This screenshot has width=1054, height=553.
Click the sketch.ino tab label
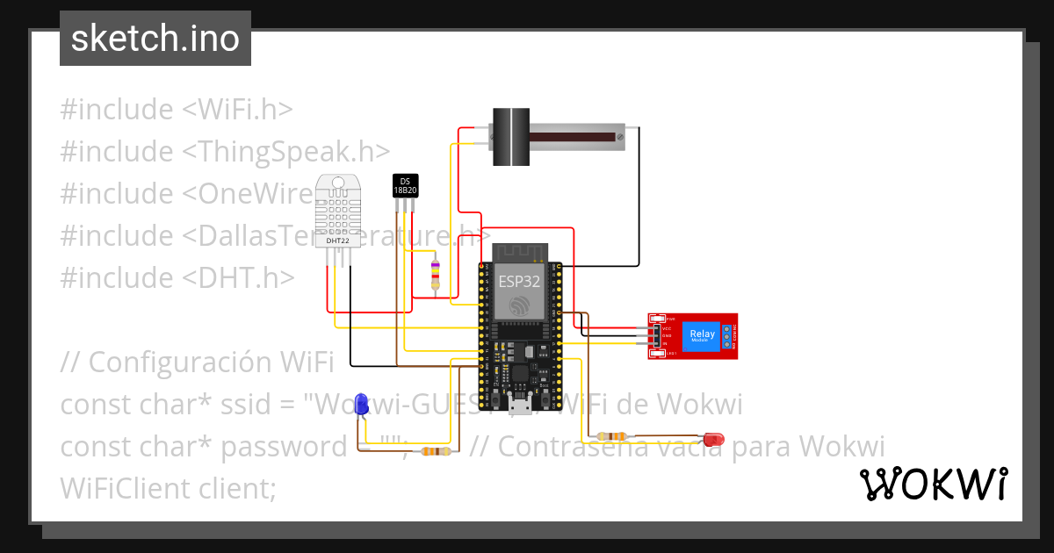tap(155, 39)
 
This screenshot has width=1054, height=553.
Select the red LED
tap(714, 437)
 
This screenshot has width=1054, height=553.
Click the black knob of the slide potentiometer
tap(509, 136)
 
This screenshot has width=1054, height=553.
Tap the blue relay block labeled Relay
tap(702, 335)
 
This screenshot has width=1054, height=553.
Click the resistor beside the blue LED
tap(435, 451)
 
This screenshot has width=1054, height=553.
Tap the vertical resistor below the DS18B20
tap(433, 276)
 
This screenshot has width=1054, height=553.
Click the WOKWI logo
tap(933, 484)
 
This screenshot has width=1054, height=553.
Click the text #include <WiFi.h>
tap(176, 110)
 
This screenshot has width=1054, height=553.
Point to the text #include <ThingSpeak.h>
tap(225, 152)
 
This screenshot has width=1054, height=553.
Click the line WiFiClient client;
tap(168, 489)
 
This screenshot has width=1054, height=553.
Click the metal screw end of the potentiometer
tap(622, 134)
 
